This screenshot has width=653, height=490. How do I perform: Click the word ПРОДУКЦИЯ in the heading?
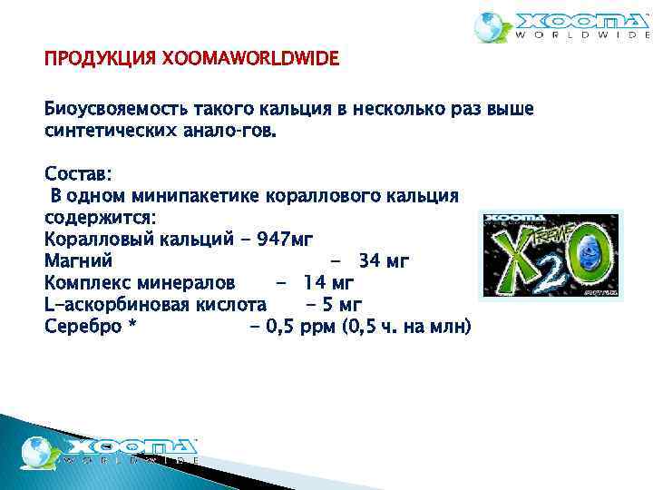[100, 60]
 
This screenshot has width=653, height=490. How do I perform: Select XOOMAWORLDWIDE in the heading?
[249, 60]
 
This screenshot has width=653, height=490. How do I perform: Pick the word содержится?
[99, 218]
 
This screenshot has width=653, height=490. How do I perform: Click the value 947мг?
[286, 240]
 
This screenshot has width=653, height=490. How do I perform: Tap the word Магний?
[78, 261]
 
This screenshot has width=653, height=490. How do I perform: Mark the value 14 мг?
[329, 283]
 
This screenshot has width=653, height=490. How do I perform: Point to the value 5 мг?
[343, 305]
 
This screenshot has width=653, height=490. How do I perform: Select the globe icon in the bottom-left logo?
[38, 451]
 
